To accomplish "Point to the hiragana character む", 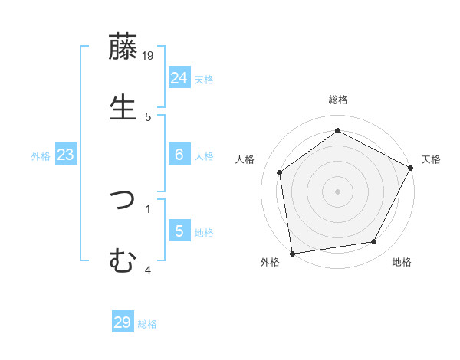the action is (123, 260).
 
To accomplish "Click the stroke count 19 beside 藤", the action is (149, 55).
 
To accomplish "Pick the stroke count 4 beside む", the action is (148, 270).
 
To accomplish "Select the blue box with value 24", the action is (179, 78).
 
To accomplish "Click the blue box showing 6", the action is (179, 155).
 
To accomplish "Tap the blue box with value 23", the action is (65, 155).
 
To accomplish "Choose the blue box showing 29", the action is (123, 322).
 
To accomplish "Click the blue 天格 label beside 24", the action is (204, 80).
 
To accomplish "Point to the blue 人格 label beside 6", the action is (204, 156).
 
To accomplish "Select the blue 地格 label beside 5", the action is (204, 233).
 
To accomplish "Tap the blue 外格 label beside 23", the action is (41, 156).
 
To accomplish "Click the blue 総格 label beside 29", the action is (148, 324).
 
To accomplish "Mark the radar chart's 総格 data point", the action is (337, 130).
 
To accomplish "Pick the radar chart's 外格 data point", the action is (292, 253).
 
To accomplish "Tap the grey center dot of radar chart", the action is (337, 191).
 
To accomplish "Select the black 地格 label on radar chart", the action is (402, 262).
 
